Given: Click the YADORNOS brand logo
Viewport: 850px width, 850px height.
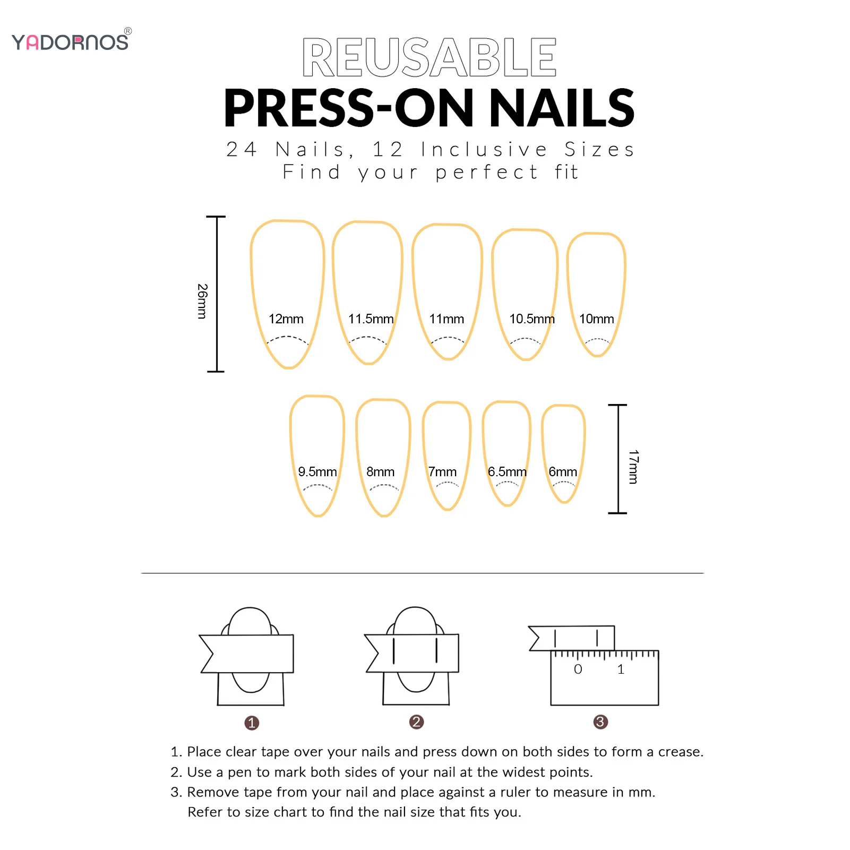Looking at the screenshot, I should (71, 41).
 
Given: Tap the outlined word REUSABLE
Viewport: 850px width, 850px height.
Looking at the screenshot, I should (429, 58).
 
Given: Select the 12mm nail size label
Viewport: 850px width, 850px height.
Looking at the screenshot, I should (286, 319).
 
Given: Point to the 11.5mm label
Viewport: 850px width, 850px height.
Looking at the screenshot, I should (371, 319).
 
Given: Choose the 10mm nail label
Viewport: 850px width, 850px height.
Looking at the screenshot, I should (596, 319).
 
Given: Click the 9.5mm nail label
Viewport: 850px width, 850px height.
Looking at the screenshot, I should (317, 472).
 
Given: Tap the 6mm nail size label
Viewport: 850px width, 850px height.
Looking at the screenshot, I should (563, 472).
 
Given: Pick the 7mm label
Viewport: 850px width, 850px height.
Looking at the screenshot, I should (442, 472).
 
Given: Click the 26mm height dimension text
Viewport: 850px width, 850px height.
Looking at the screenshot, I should (202, 301).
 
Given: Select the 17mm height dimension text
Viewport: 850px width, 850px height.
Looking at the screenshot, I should (633, 467).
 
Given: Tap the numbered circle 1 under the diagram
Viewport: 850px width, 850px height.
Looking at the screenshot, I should (252, 723).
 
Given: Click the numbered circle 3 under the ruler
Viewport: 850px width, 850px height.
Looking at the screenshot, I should (600, 722).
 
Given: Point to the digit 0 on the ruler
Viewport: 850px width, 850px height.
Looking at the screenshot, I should (578, 669).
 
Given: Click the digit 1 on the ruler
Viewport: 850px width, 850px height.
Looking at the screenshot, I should (621, 669).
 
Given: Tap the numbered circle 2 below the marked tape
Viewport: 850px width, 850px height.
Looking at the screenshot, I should (417, 722).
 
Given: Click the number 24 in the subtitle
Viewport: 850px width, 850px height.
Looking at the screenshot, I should (242, 150).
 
